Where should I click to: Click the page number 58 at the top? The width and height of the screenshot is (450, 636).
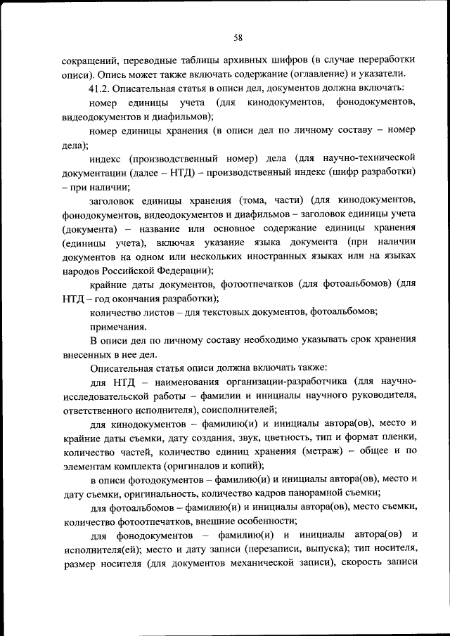238,38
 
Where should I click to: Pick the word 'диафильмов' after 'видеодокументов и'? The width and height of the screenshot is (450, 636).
181,117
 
